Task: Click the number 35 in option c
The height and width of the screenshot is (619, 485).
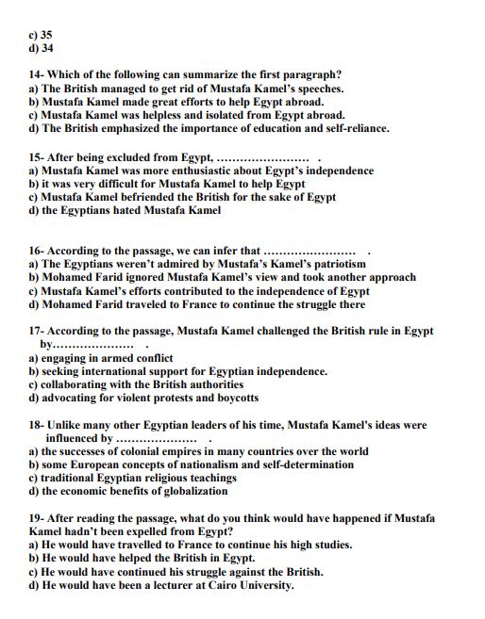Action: [46, 34]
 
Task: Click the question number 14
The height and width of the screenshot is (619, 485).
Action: [36, 75]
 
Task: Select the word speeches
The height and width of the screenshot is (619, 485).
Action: [317, 89]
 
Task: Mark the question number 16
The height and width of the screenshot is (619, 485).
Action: [36, 252]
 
